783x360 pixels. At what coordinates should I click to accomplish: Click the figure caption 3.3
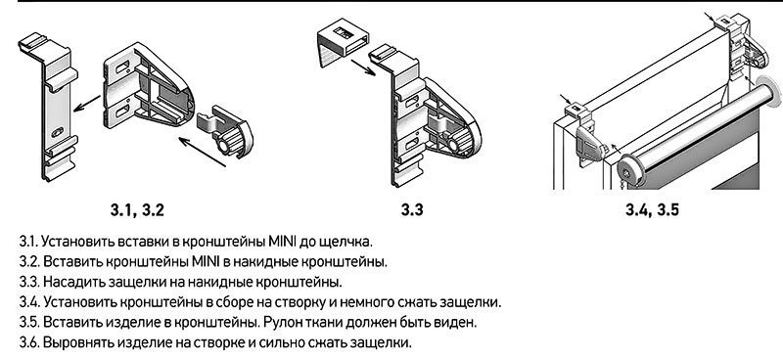412,209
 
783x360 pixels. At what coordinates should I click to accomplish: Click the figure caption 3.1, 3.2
137,210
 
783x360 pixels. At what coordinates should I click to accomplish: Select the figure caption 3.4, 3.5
652,209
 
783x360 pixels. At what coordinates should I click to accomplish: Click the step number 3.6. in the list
29,343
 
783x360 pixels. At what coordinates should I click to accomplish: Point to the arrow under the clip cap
363,67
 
